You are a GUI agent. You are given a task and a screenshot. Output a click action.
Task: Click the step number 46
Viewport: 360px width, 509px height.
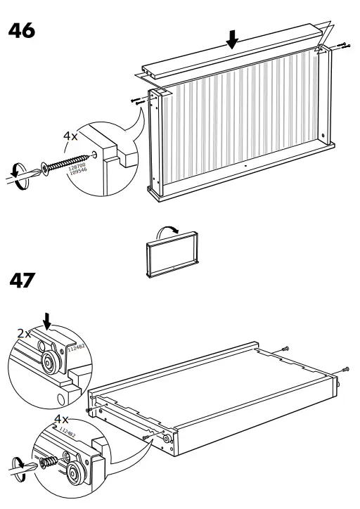(x=21, y=31)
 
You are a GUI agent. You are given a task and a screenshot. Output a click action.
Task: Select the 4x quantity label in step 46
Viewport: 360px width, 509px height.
(x=72, y=136)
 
